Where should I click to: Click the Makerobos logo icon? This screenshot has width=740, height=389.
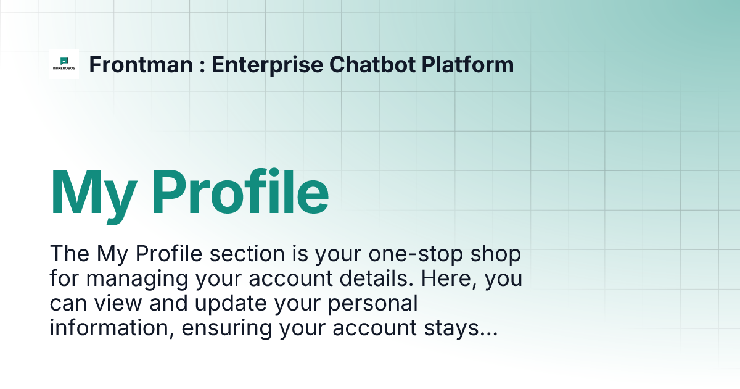coord(64,64)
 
